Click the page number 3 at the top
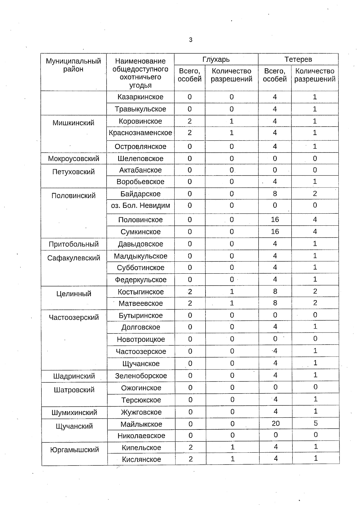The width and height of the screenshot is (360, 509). point(190,40)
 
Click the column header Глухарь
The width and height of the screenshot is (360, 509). point(216,59)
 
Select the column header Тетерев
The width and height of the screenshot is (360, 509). point(298,59)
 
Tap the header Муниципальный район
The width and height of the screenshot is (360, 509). point(73,65)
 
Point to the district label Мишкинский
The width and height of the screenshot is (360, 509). point(73,123)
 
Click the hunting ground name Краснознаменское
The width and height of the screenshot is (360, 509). point(140,133)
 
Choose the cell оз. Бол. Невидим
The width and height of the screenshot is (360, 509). point(140,206)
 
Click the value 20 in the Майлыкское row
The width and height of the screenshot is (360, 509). point(275,423)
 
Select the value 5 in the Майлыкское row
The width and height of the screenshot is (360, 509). point(315,423)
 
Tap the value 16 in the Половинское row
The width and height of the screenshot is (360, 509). point(275,219)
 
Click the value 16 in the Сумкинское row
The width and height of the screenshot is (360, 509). point(275,231)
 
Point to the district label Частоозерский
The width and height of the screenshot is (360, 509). point(74,318)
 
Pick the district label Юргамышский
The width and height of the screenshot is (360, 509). point(74,450)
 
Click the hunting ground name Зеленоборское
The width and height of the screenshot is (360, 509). point(141,376)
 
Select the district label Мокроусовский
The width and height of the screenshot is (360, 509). point(73,158)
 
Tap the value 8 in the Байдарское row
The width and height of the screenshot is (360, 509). point(275,194)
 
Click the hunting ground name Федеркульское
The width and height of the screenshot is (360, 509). point(141,280)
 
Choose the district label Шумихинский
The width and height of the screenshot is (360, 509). point(74,412)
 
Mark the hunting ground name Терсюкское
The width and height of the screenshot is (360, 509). point(141,400)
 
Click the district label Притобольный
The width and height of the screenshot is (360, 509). point(74,244)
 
